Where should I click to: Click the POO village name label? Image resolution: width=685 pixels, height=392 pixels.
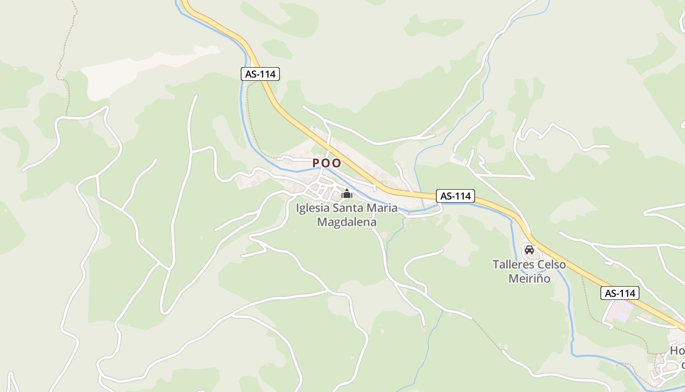point(327,163)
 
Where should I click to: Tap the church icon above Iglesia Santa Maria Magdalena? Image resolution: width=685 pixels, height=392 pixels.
point(347,194)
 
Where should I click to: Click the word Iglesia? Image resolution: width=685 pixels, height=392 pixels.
point(313,208)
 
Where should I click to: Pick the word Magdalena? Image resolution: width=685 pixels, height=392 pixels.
point(347,222)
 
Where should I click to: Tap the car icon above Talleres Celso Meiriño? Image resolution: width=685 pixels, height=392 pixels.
point(529,250)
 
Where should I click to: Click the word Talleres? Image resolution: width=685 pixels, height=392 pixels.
point(513,265)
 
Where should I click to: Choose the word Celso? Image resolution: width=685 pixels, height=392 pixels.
point(551,265)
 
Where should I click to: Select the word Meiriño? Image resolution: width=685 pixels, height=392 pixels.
point(529,278)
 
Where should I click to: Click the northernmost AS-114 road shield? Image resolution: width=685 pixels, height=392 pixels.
point(260,74)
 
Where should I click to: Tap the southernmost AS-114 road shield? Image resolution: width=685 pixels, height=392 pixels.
point(620,293)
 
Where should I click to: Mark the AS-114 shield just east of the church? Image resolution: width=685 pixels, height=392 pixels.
point(456,196)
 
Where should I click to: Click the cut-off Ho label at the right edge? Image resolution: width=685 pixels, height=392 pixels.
point(677,351)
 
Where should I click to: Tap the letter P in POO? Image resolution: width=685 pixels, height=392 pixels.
point(316,163)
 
